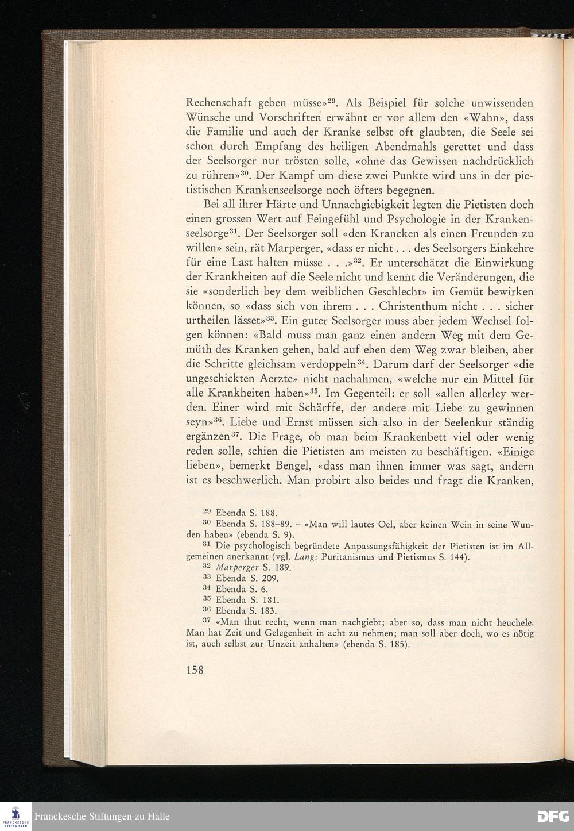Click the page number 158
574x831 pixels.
(x=195, y=670)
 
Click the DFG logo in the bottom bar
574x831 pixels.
(x=552, y=816)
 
